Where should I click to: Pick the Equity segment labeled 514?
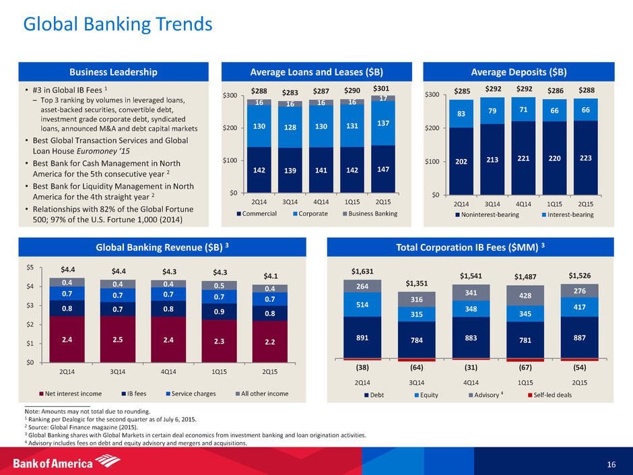[362, 305]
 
